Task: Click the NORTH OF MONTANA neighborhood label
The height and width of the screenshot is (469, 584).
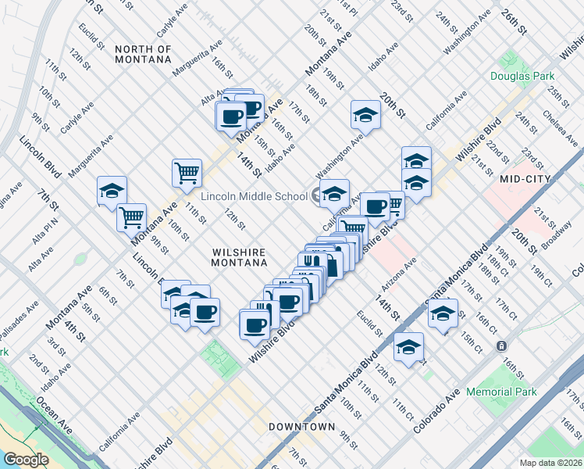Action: click(143, 53)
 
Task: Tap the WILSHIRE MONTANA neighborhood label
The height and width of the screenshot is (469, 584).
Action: click(239, 259)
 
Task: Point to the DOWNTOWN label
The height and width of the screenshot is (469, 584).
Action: click(301, 427)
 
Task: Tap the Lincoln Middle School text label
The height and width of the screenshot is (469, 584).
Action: click(255, 195)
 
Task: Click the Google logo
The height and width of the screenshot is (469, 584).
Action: click(26, 460)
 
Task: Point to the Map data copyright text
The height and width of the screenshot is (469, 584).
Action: click(550, 463)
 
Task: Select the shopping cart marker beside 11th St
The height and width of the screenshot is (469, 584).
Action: click(187, 173)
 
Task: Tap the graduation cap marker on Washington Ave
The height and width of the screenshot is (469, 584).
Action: click(365, 115)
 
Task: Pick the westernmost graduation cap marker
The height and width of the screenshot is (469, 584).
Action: click(112, 191)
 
